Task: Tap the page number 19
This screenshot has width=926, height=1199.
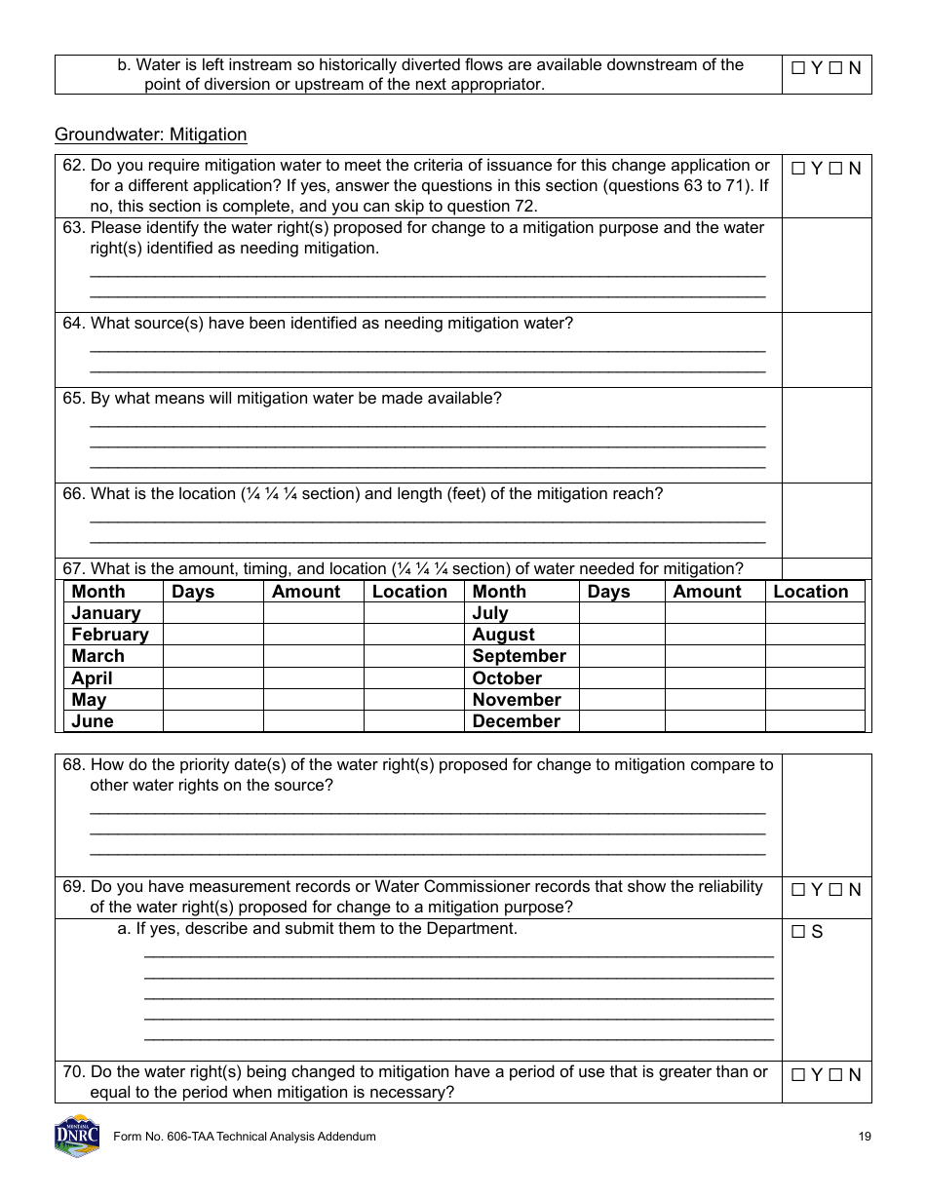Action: pyautogui.click(x=865, y=1137)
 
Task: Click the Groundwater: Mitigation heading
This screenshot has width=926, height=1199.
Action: pyautogui.click(x=151, y=135)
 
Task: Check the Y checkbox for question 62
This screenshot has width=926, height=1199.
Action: pyautogui.click(x=797, y=169)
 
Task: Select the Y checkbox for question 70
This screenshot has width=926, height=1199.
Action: pyautogui.click(x=797, y=1075)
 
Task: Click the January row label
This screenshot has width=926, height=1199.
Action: pyautogui.click(x=105, y=613)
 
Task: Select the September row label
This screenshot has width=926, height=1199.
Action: pyautogui.click(x=519, y=656)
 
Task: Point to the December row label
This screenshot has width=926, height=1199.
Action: pyautogui.click(x=516, y=721)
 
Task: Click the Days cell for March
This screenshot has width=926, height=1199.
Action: pyautogui.click(x=212, y=656)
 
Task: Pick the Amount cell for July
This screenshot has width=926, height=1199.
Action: pyautogui.click(x=714, y=613)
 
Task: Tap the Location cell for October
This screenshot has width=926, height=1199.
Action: pyautogui.click(x=814, y=678)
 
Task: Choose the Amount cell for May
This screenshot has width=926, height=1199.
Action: pyautogui.click(x=313, y=700)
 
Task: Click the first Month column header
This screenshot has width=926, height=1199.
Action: pyautogui.click(x=98, y=592)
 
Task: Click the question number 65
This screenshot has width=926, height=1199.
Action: pyautogui.click(x=74, y=399)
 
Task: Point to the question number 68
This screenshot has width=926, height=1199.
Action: pyautogui.click(x=74, y=765)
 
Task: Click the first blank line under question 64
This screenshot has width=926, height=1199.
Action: pyautogui.click(x=427, y=349)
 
